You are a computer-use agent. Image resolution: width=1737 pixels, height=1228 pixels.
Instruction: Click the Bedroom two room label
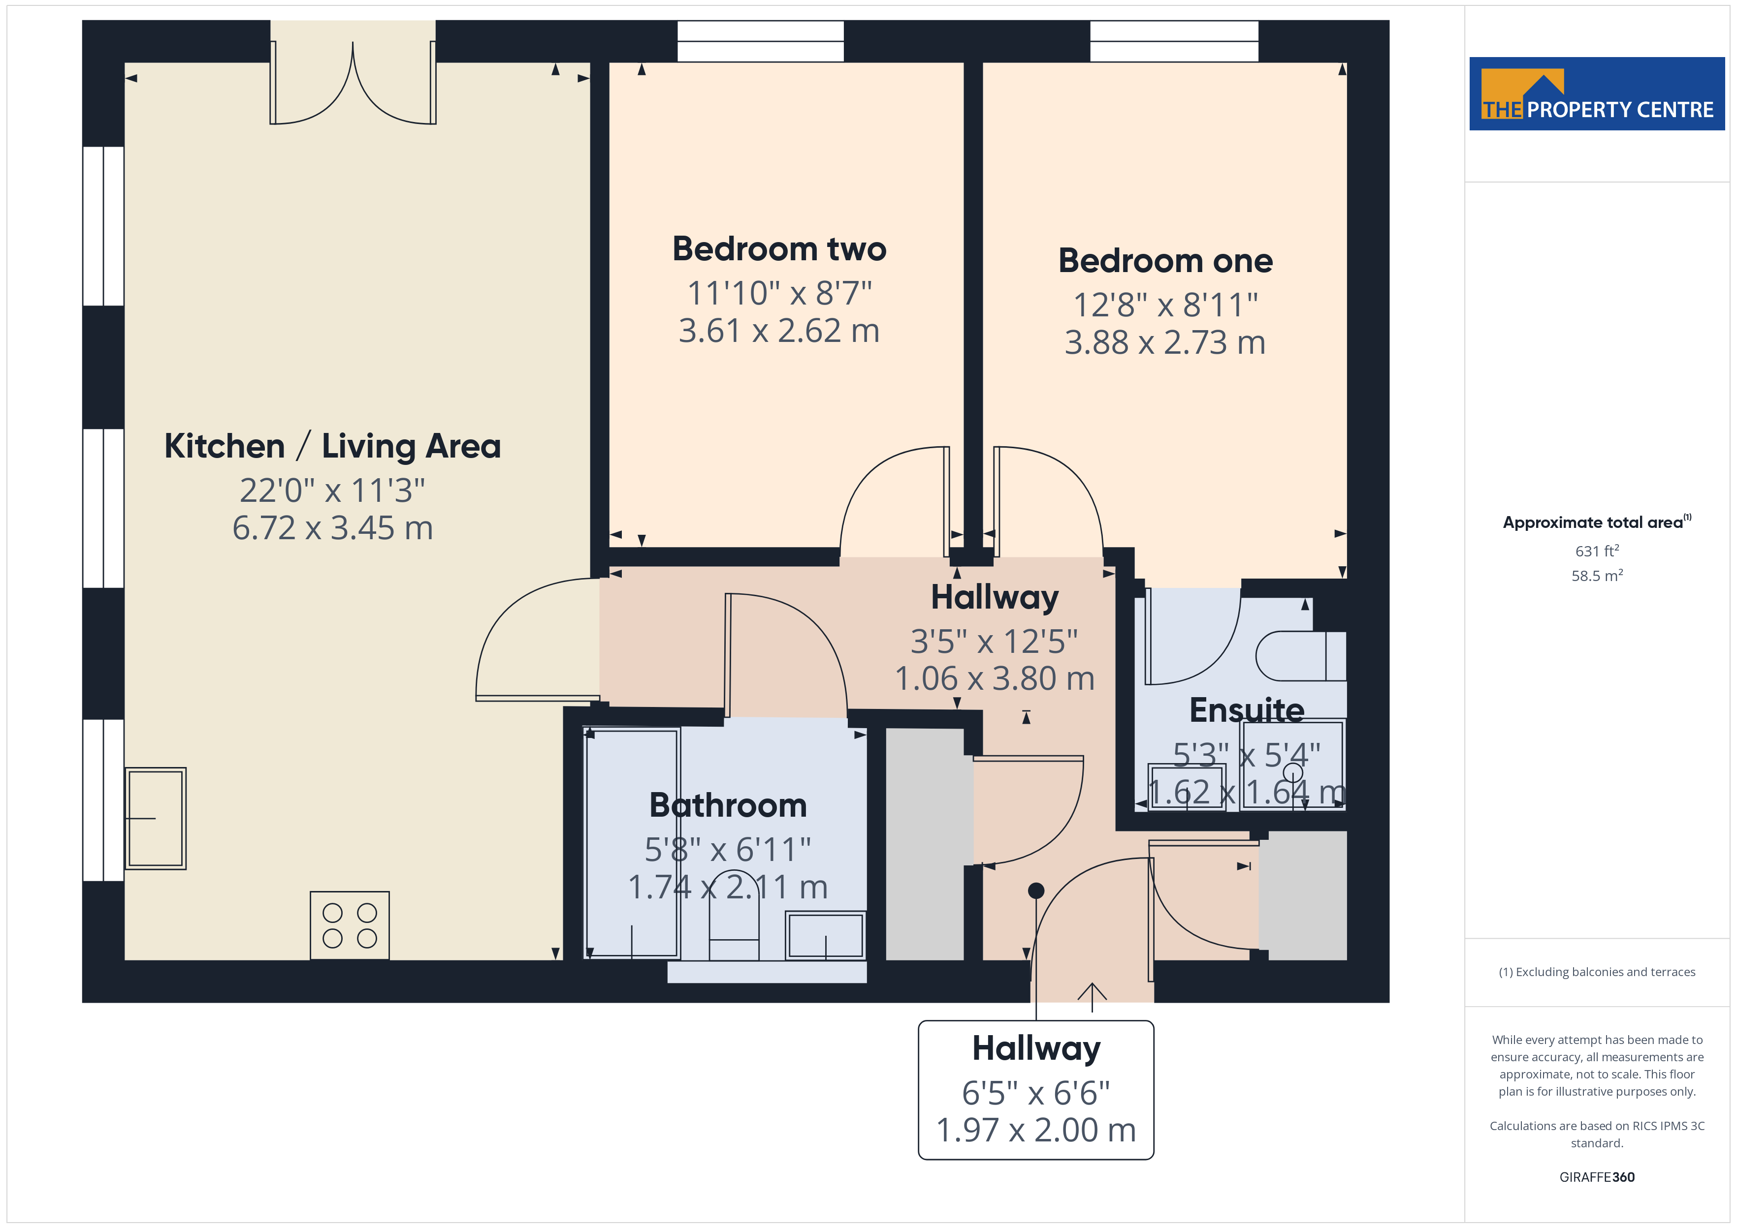click(x=779, y=249)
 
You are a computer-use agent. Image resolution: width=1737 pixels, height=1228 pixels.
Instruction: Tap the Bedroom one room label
click(x=1165, y=261)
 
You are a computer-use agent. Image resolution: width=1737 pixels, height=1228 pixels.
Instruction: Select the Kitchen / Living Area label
click(x=332, y=446)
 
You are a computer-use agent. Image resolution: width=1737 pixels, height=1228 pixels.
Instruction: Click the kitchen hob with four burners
click(x=350, y=925)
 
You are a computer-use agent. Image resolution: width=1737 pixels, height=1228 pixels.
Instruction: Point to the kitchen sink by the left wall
click(x=155, y=818)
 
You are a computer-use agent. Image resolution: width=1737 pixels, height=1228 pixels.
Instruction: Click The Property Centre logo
click(x=1596, y=94)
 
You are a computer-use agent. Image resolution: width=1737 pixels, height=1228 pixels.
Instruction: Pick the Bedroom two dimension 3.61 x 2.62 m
click(x=779, y=331)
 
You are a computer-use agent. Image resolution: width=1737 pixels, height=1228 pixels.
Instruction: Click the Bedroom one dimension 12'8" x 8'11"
click(x=1165, y=306)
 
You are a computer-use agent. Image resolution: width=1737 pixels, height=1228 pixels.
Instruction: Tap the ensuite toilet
click(x=1300, y=656)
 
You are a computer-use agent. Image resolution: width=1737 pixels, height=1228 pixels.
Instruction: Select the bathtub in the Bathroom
click(x=632, y=844)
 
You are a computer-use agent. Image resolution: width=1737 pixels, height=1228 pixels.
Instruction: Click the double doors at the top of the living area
click(x=353, y=83)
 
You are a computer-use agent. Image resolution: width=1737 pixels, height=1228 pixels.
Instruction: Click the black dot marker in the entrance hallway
click(x=1036, y=891)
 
